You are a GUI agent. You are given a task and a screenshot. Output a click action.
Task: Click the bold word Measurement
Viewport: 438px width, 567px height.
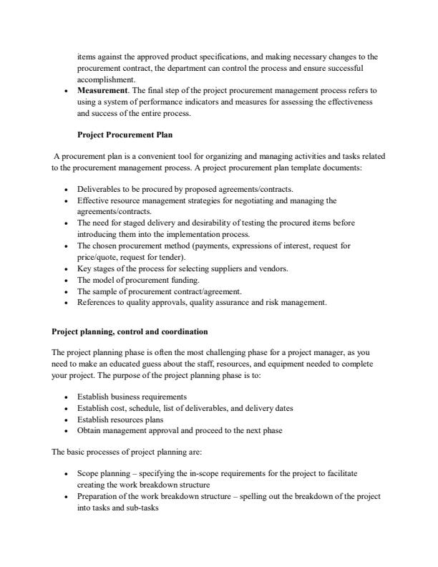pos(103,92)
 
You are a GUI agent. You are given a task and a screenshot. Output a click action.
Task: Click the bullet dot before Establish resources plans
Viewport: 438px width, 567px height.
pos(67,420)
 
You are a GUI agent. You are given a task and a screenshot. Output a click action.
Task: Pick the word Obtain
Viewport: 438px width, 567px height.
pos(89,430)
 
